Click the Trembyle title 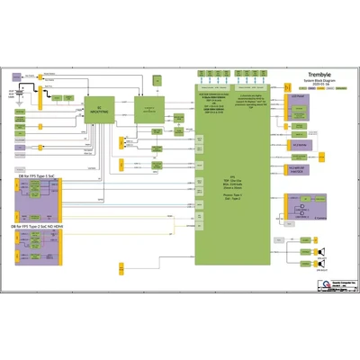306,76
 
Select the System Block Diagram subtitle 306,82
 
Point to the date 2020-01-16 306,86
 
